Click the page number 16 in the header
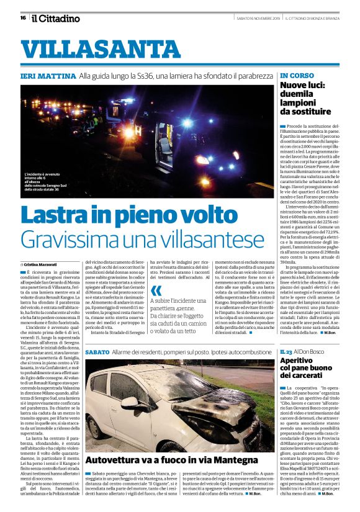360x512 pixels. point(24,17)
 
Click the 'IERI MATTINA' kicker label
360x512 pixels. point(47,76)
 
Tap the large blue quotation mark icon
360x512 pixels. point(156,290)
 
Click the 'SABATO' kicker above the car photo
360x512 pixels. point(97,353)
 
